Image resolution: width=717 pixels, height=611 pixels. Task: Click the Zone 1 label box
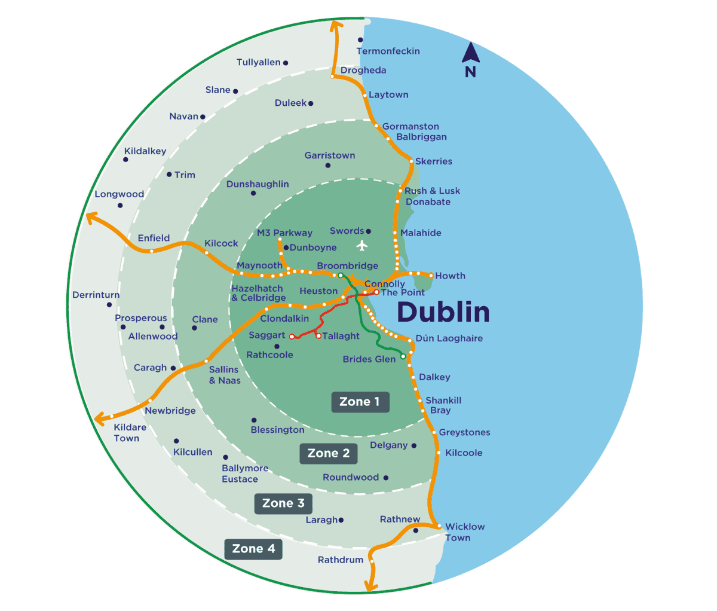(360, 402)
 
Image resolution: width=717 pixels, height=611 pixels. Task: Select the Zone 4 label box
(253, 549)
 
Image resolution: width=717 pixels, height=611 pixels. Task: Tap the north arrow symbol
(471, 54)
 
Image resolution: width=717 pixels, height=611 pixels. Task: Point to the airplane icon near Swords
(361, 245)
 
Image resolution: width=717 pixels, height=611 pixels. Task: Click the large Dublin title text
(443, 312)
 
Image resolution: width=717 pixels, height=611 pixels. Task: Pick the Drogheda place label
(363, 71)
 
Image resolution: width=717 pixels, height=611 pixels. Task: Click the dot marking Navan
(203, 117)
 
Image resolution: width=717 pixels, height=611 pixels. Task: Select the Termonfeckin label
(388, 51)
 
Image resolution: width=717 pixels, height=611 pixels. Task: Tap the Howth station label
(450, 276)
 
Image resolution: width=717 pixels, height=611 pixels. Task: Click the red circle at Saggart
(292, 337)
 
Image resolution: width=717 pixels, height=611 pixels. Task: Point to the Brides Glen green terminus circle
(403, 356)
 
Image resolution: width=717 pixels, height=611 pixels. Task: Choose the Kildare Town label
(130, 433)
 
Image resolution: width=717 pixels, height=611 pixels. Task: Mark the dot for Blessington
(254, 420)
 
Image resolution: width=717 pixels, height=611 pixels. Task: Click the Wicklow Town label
(464, 532)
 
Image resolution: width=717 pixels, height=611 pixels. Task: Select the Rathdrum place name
(341, 560)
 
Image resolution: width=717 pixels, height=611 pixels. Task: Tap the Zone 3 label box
(283, 503)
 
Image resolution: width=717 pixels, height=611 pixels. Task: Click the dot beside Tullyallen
(286, 63)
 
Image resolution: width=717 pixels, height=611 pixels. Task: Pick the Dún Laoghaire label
(449, 338)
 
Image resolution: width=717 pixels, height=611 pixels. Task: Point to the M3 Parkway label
(284, 233)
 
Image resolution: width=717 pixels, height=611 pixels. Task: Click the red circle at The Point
(376, 292)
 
